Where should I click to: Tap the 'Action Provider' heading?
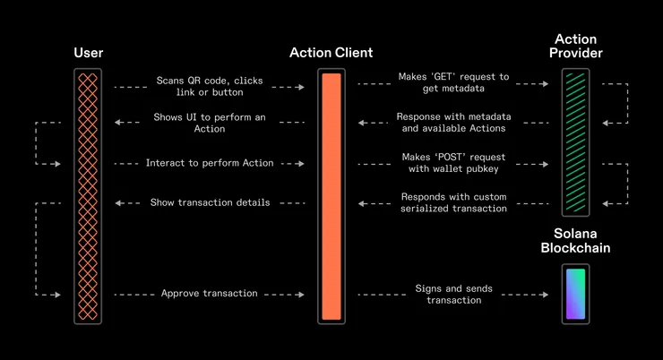point(576,47)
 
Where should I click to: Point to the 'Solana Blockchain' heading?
point(575,241)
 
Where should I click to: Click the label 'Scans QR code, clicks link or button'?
point(210,87)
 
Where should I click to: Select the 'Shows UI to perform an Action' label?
point(210,123)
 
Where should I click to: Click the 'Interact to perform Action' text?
point(210,163)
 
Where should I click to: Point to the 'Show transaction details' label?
point(210,202)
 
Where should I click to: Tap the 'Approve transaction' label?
point(210,294)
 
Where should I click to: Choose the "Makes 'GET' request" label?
point(453,82)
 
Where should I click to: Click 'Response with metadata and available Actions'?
point(453,123)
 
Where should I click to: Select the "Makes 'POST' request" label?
point(453,163)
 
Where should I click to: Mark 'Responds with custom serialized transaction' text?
point(453,202)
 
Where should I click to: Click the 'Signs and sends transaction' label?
point(453,294)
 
